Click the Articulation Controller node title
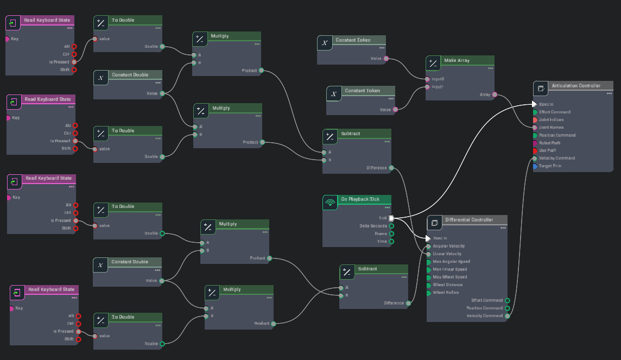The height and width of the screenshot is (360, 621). tap(576, 86)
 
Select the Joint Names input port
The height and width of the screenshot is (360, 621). tap(535, 128)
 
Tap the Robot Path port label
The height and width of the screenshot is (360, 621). tap(549, 143)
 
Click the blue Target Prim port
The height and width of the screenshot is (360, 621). tap(535, 166)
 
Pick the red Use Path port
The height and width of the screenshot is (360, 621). tap(535, 150)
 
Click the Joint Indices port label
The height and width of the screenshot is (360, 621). tap(551, 119)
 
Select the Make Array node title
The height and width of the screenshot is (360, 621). tap(457, 60)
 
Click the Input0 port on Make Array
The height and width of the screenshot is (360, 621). tap(427, 79)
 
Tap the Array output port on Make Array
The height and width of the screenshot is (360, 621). tap(495, 94)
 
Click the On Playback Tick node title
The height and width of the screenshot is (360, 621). tap(360, 199)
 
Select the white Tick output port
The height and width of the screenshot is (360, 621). tap(391, 218)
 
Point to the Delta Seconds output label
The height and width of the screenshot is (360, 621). tap(373, 226)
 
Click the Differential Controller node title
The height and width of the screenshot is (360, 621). tap(469, 220)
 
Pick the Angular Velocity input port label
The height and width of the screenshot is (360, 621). tap(448, 246)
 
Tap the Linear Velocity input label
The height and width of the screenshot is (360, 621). tap(447, 254)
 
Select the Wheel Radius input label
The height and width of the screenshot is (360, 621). tap(446, 293)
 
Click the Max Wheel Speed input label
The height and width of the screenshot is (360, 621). tap(449, 277)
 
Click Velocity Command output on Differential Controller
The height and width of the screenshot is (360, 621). tap(507, 315)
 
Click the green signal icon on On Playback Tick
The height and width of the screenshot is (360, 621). tap(329, 203)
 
